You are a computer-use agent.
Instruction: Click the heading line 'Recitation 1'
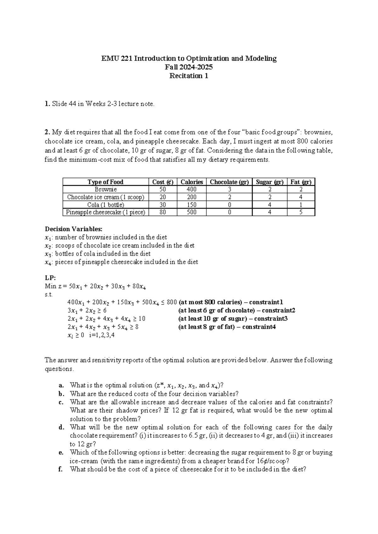click(189, 76)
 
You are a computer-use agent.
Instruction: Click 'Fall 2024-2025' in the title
click(189, 67)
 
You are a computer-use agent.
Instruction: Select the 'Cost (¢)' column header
click(163, 182)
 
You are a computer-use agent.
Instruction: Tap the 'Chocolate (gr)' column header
click(229, 182)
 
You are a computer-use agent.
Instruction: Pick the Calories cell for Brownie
click(192, 190)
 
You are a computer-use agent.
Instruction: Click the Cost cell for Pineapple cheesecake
click(163, 212)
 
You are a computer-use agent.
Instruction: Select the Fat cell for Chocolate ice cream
click(301, 197)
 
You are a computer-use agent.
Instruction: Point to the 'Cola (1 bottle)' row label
click(106, 205)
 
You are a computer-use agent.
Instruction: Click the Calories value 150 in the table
click(192, 205)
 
